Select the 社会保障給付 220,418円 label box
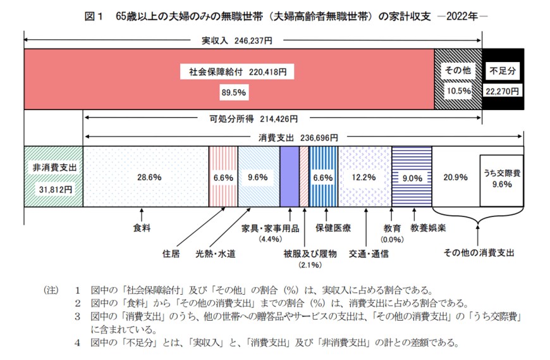coord(236,71)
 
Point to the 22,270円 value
coord(503,91)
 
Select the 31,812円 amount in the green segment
coord(54,189)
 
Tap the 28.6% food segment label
coord(145,178)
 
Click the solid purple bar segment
coord(289,177)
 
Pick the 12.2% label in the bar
coord(364,178)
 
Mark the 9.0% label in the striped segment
coord(412,178)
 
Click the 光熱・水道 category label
coord(216,254)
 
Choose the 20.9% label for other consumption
coord(455,178)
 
